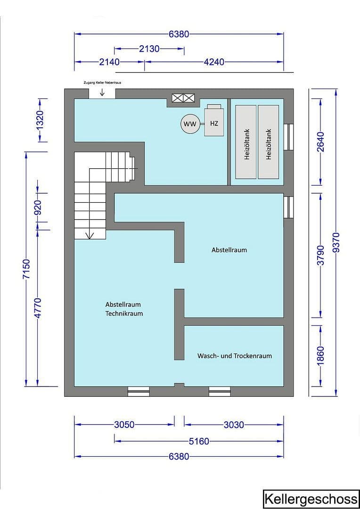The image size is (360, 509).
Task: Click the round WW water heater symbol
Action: click(x=190, y=124)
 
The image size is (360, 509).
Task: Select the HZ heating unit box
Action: click(x=214, y=123)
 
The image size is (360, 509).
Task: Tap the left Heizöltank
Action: click(x=246, y=142)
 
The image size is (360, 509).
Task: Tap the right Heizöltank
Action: click(x=269, y=142)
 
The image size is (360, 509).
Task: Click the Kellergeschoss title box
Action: click(x=310, y=499)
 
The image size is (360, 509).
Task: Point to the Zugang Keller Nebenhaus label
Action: click(x=102, y=82)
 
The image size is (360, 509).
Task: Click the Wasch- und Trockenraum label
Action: click(x=234, y=356)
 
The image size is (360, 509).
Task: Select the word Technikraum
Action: click(x=124, y=313)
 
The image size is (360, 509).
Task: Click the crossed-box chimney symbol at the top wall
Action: click(x=183, y=98)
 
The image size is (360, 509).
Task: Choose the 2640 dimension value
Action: click(x=320, y=141)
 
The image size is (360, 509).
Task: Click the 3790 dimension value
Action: click(x=320, y=254)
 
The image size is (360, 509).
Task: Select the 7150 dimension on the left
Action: click(x=26, y=269)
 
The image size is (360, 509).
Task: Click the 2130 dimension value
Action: click(x=149, y=49)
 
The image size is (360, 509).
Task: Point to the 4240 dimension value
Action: click(x=213, y=62)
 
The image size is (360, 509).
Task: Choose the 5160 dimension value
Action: click(x=198, y=442)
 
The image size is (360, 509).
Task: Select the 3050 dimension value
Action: click(x=124, y=425)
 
